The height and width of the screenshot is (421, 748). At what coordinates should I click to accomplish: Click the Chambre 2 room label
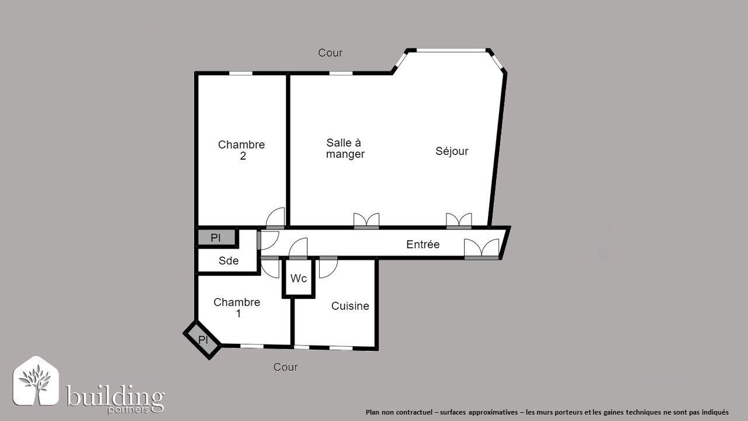click(241, 150)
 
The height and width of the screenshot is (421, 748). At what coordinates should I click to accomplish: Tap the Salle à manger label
click(345, 149)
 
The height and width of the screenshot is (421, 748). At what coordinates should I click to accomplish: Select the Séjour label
click(452, 151)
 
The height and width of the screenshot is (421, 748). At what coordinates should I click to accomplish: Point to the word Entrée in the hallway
click(423, 244)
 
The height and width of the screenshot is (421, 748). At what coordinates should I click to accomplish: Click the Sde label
click(228, 261)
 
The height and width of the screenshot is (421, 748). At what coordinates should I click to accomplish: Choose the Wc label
click(299, 278)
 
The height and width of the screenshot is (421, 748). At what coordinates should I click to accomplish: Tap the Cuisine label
click(350, 306)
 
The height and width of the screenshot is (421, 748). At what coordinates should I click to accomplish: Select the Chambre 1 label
click(237, 308)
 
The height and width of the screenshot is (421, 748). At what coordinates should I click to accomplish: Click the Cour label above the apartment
click(330, 53)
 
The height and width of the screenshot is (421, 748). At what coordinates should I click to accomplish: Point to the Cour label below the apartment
click(286, 367)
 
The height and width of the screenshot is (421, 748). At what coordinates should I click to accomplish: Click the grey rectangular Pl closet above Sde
click(216, 237)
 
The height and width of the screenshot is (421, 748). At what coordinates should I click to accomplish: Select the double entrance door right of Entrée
click(482, 249)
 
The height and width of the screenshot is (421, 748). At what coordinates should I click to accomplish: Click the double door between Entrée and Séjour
click(459, 220)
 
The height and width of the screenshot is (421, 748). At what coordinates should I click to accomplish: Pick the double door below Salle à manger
click(366, 220)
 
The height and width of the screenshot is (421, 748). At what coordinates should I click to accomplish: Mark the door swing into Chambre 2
click(275, 218)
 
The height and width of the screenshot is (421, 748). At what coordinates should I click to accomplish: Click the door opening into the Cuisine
click(328, 267)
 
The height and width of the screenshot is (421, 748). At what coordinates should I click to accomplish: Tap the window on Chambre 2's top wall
click(240, 73)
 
